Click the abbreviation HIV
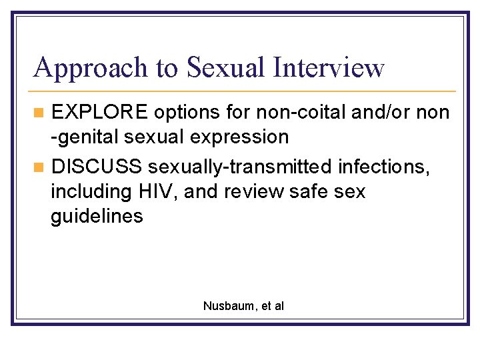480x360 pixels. coord(156,191)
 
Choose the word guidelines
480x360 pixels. coord(97,217)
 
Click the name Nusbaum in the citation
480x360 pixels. coord(226,306)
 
